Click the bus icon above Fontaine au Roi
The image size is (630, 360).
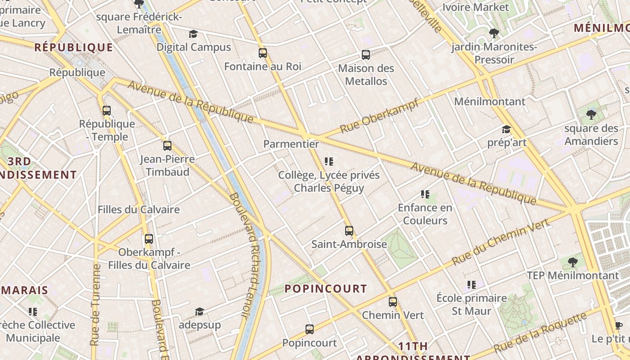(263, 53)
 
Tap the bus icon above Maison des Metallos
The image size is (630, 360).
(366, 55)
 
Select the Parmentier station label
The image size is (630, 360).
(291, 144)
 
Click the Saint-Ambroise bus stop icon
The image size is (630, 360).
(349, 231)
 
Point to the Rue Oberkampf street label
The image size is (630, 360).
(379, 116)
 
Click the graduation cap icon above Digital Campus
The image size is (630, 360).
(193, 34)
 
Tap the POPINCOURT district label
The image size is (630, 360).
(326, 289)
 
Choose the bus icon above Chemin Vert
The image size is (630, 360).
(393, 301)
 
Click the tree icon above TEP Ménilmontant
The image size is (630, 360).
(572, 262)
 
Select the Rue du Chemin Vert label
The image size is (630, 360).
(500, 242)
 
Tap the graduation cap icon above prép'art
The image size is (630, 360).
(506, 130)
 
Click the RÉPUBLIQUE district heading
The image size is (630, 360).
(74, 47)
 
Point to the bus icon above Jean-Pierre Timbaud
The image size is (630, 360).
(167, 145)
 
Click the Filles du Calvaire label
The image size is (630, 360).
(139, 209)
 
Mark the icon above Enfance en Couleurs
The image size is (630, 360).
(425, 194)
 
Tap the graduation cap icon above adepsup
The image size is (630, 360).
(199, 311)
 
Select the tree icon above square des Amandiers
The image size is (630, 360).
(591, 115)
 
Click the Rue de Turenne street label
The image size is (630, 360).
(95, 305)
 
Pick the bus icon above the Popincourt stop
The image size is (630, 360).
(310, 329)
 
